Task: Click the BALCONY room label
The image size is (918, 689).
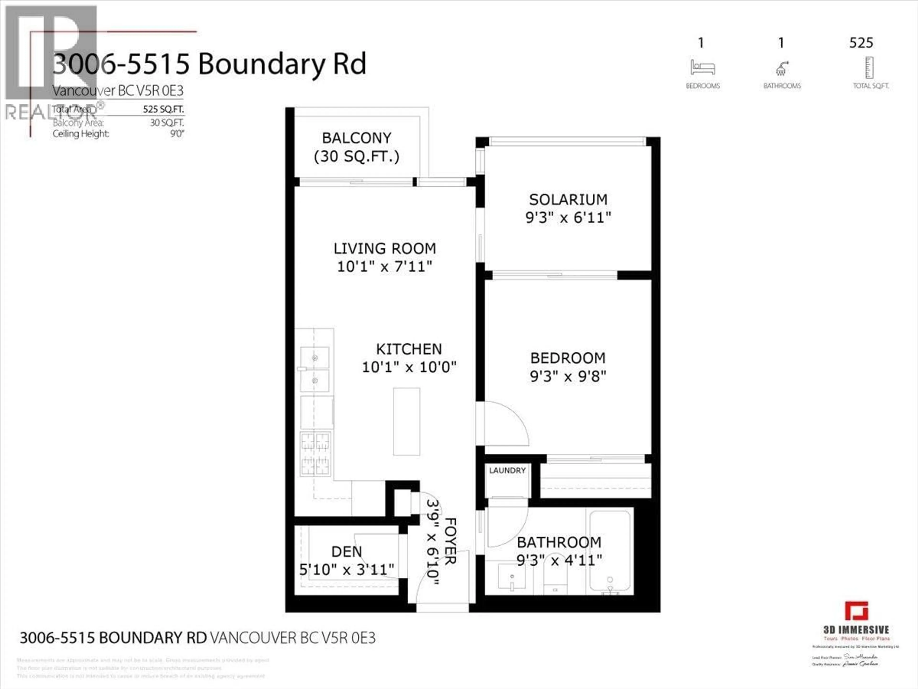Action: pyautogui.click(x=356, y=138)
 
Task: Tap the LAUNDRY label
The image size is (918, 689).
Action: pyautogui.click(x=507, y=471)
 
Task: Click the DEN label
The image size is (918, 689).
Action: pyautogui.click(x=347, y=551)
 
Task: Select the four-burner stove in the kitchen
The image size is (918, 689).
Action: pyautogui.click(x=315, y=454)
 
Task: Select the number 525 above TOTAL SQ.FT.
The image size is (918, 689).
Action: pyautogui.click(x=861, y=43)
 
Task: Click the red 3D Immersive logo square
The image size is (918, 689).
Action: pyautogui.click(x=857, y=611)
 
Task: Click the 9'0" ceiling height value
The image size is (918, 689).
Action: pyautogui.click(x=177, y=134)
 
